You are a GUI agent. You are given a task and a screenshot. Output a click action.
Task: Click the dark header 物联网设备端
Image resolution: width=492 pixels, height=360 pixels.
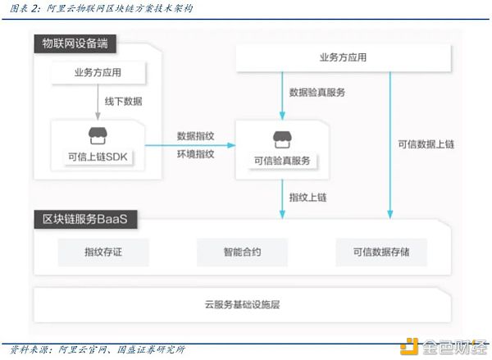tap(75, 43)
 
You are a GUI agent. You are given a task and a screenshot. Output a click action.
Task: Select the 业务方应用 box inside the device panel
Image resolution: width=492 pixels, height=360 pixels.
tap(98, 73)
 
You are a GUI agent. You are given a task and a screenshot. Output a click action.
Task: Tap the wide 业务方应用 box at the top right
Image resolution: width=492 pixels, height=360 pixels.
tap(344, 57)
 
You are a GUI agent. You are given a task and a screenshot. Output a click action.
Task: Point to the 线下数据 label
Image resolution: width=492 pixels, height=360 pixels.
tap(123, 102)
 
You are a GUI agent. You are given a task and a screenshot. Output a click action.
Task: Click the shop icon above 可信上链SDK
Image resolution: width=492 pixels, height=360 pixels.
tap(98, 135)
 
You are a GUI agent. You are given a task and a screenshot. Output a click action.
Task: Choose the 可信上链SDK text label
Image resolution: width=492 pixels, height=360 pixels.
tap(98, 157)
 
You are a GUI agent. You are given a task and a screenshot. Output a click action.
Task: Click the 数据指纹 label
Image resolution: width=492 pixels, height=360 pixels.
tap(195, 136)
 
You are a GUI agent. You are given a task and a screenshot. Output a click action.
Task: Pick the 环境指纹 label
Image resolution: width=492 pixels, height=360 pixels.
tap(195, 154)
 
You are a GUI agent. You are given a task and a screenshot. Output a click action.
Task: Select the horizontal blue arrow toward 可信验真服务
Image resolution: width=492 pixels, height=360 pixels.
tap(190, 145)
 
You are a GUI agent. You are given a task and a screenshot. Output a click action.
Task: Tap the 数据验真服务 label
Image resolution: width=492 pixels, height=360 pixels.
tap(317, 93)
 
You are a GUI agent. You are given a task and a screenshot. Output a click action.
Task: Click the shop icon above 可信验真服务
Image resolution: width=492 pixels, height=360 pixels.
tap(282, 139)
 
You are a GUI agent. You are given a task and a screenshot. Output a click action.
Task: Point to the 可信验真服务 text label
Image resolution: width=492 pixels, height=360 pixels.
tap(282, 161)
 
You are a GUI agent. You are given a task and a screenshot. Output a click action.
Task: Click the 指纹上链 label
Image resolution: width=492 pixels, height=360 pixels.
tap(307, 198)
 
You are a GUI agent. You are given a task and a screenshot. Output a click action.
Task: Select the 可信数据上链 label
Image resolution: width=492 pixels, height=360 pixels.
tap(426, 144)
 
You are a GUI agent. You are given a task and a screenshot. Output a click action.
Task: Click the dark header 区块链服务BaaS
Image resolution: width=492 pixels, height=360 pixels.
tap(85, 219)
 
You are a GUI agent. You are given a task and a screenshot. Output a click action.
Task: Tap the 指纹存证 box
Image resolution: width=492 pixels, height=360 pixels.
tap(103, 252)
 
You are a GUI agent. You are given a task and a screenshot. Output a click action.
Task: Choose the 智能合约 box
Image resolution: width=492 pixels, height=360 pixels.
tap(242, 252)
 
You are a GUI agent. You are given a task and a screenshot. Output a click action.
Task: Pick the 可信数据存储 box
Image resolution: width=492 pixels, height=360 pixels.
tap(381, 252)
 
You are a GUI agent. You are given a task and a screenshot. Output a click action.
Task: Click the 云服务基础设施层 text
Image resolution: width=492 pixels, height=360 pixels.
tap(242, 304)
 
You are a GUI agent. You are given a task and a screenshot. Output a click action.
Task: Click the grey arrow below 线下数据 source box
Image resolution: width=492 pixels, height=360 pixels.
tap(98, 102)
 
